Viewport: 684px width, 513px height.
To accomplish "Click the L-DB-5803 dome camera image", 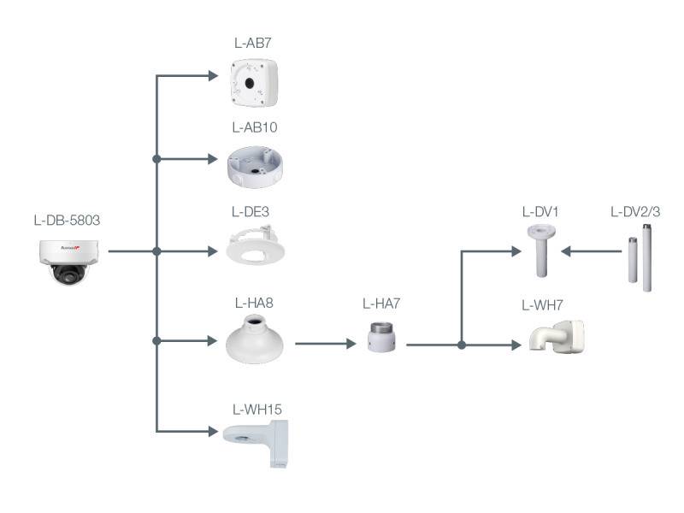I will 69,260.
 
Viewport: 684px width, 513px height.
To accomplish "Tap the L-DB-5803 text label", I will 67,221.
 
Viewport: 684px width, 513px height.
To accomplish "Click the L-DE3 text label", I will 254,210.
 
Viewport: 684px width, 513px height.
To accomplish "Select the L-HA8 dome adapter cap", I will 254,339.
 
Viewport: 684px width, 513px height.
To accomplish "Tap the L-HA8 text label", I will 254,302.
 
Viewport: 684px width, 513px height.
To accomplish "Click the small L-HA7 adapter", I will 380,337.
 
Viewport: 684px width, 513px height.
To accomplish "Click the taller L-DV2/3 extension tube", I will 646,256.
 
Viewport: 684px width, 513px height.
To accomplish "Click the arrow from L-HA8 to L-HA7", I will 325,345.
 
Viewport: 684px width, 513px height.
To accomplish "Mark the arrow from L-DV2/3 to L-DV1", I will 590,251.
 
